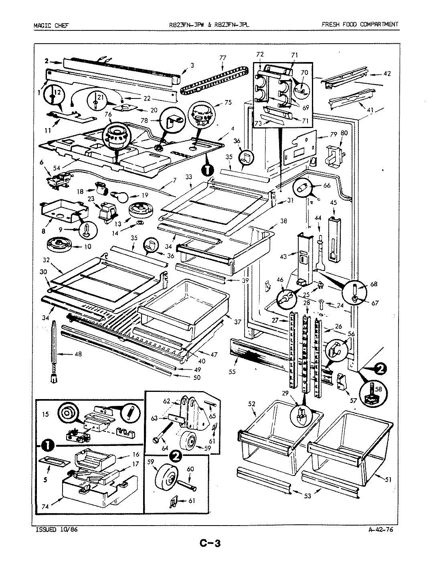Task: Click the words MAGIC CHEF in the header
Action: (51, 25)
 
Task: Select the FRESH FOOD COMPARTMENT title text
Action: (360, 24)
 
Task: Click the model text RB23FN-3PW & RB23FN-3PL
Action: (209, 25)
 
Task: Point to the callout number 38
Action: (283, 221)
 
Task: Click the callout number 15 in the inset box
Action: (45, 414)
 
